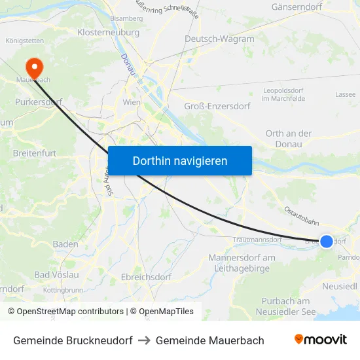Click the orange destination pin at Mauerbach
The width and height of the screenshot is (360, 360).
pyautogui.click(x=33, y=67)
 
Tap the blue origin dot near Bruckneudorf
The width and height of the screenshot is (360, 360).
pyautogui.click(x=326, y=242)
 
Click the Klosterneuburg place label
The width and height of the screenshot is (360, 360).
pyautogui.click(x=109, y=32)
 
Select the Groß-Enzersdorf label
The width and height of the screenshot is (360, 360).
pyautogui.click(x=217, y=106)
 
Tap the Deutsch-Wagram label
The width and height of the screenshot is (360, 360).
pyautogui.click(x=219, y=39)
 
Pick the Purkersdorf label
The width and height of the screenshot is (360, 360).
pyautogui.click(x=38, y=103)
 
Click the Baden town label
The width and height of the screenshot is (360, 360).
pyautogui.click(x=65, y=244)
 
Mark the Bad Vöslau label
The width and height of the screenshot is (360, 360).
pyautogui.click(x=56, y=274)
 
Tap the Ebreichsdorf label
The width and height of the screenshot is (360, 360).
pyautogui.click(x=146, y=278)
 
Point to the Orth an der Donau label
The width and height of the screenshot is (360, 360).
pyautogui.click(x=288, y=139)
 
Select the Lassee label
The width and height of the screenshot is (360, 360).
pyautogui.click(x=345, y=94)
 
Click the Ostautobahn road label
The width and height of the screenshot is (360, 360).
pyautogui.click(x=301, y=217)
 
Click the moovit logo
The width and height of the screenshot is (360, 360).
pyautogui.click(x=321, y=340)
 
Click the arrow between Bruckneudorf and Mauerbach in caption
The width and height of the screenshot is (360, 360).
pyautogui.click(x=144, y=340)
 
